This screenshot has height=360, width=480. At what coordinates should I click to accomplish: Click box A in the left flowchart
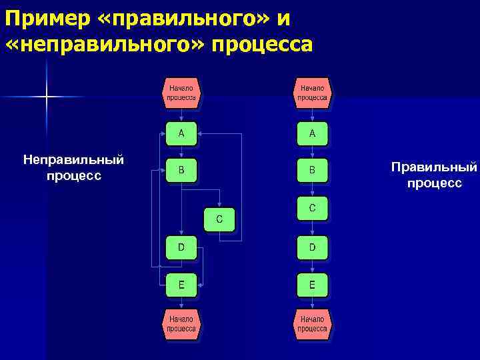coord(181,133)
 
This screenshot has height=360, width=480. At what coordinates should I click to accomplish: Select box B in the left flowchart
coord(181,171)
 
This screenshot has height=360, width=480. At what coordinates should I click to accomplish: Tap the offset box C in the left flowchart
coord(219,219)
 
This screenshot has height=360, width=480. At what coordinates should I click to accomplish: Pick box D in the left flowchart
coord(181,247)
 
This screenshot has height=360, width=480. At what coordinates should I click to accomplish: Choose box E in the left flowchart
coord(181,285)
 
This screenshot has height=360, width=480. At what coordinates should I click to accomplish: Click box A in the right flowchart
coord(312,133)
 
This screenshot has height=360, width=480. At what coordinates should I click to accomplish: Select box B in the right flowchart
coord(312,171)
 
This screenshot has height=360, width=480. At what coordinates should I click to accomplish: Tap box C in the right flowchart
coord(312,209)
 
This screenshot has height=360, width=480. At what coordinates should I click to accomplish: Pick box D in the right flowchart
coord(312,247)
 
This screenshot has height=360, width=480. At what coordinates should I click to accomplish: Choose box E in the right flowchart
coord(312,285)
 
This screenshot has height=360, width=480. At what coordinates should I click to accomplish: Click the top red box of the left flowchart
coord(181,92)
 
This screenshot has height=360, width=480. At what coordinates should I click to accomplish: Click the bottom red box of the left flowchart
coord(181,323)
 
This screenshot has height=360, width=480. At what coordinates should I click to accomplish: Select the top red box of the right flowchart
coord(312,92)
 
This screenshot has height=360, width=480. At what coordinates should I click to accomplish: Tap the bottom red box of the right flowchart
coord(312,323)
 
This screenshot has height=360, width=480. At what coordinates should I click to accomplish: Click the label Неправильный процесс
coord(73,167)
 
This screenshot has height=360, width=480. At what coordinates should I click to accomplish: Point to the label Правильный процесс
coord(434,174)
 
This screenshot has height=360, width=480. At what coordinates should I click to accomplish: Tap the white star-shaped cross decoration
coord(47,97)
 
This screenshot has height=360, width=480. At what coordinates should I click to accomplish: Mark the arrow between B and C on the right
coord(312,189)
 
